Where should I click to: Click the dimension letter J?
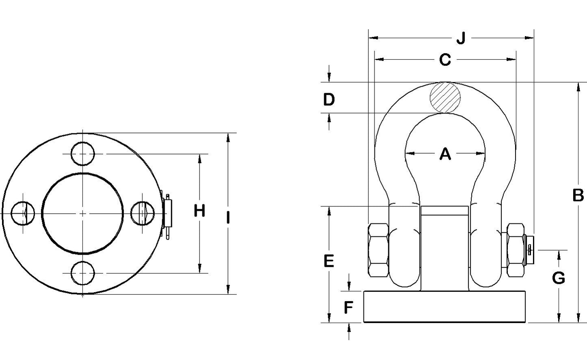point(461,39)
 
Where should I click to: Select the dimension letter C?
point(445,60)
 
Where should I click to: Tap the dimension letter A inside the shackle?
point(445,154)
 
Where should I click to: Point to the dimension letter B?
point(578,195)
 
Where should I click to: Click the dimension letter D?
point(329,99)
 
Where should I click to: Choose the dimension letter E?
point(329,261)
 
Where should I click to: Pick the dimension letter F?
point(349,308)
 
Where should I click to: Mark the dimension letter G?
point(559,278)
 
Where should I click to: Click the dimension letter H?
point(199,211)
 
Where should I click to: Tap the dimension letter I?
point(228,218)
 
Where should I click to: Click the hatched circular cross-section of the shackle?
point(446,98)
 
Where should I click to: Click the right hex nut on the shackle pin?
point(515,249)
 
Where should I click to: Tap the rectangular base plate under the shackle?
point(445,307)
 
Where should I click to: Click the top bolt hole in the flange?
point(83,154)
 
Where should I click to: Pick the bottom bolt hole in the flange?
point(83,273)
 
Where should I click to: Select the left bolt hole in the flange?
point(23,213)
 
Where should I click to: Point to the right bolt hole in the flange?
point(143,213)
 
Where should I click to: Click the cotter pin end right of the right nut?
point(530,250)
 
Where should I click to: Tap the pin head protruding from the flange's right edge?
point(168,213)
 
